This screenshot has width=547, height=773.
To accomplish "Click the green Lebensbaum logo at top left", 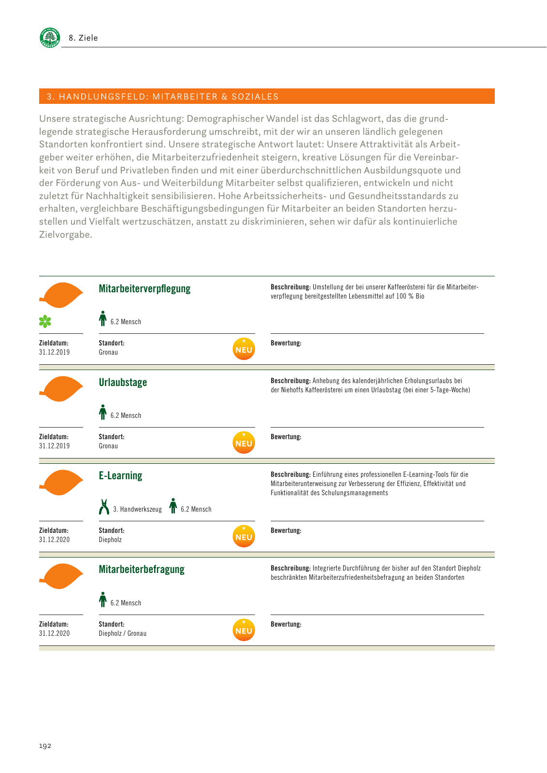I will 50,37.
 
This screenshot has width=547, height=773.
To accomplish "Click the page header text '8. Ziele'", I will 83,38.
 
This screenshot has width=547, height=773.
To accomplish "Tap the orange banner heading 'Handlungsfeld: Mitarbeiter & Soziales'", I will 163,97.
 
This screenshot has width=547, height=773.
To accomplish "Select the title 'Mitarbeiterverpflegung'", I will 144,289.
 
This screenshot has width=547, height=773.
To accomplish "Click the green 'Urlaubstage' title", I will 123,383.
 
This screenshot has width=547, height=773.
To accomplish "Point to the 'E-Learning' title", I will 120,476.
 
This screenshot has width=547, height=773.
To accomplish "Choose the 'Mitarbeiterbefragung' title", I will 142,570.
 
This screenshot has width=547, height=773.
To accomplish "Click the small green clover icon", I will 45,321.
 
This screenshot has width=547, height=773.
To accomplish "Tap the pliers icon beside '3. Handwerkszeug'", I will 104,507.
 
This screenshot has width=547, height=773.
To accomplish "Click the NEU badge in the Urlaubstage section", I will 244,443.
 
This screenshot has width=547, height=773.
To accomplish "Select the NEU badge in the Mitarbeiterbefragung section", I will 244,630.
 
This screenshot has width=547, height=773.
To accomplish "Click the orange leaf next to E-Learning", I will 61,482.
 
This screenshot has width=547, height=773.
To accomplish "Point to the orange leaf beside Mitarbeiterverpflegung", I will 61,295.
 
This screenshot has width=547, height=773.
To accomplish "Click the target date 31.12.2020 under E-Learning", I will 54,540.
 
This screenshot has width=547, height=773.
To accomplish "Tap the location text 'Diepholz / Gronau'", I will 122,633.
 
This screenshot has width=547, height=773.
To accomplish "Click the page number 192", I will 45,746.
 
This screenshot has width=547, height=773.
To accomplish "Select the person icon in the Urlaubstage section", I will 102,412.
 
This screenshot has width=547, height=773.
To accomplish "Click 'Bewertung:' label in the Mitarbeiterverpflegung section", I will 286,344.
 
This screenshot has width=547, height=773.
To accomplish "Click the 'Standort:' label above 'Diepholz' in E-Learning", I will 111,530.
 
